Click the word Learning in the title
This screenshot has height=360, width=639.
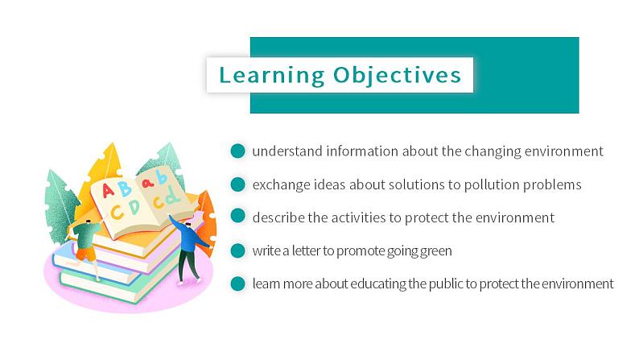pos(272,76)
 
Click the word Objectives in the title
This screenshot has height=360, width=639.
pos(398,76)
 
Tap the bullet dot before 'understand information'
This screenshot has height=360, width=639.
pos(237,151)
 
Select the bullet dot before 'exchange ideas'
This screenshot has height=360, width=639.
pos(237,184)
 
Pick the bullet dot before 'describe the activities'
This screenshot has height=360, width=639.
pos(237,216)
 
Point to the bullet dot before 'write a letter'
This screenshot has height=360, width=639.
pos(237,250)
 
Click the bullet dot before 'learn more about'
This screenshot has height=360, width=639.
pos(237,283)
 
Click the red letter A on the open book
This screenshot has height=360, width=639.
pos(108,190)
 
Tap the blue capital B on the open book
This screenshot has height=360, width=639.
pos(124,188)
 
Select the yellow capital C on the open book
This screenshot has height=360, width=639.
pos(117,213)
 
